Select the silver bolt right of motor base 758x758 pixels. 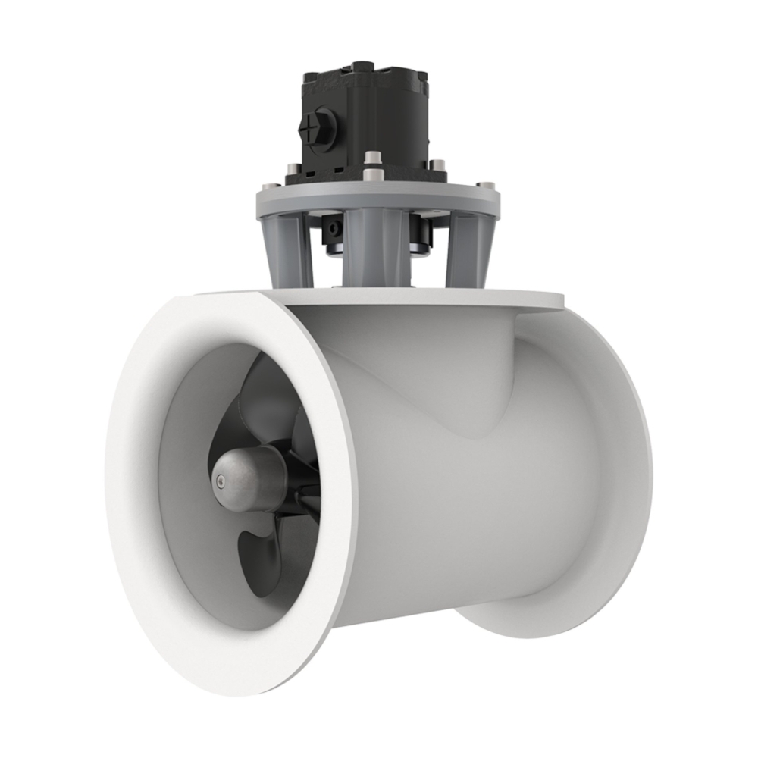pos(437,164)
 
